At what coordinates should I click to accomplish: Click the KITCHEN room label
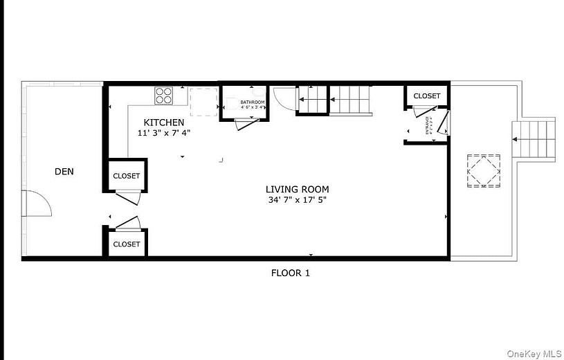[x=163, y=123]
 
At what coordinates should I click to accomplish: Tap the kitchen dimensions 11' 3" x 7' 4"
[x=163, y=132]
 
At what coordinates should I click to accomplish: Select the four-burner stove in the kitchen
[x=164, y=95]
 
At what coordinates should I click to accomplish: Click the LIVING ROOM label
[x=297, y=189]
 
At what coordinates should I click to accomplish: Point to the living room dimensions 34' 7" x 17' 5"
[x=297, y=199]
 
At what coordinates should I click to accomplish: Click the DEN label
[x=64, y=171]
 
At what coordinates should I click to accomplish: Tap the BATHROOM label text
[x=252, y=102]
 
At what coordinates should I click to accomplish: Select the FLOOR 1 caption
[x=290, y=273]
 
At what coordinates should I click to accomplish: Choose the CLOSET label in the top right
[x=426, y=96]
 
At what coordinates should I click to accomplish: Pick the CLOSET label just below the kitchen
[x=126, y=176]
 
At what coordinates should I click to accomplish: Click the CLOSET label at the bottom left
[x=126, y=244]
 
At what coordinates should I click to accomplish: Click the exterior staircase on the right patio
[x=534, y=138]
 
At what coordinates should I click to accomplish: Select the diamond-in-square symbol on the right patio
[x=483, y=170]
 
